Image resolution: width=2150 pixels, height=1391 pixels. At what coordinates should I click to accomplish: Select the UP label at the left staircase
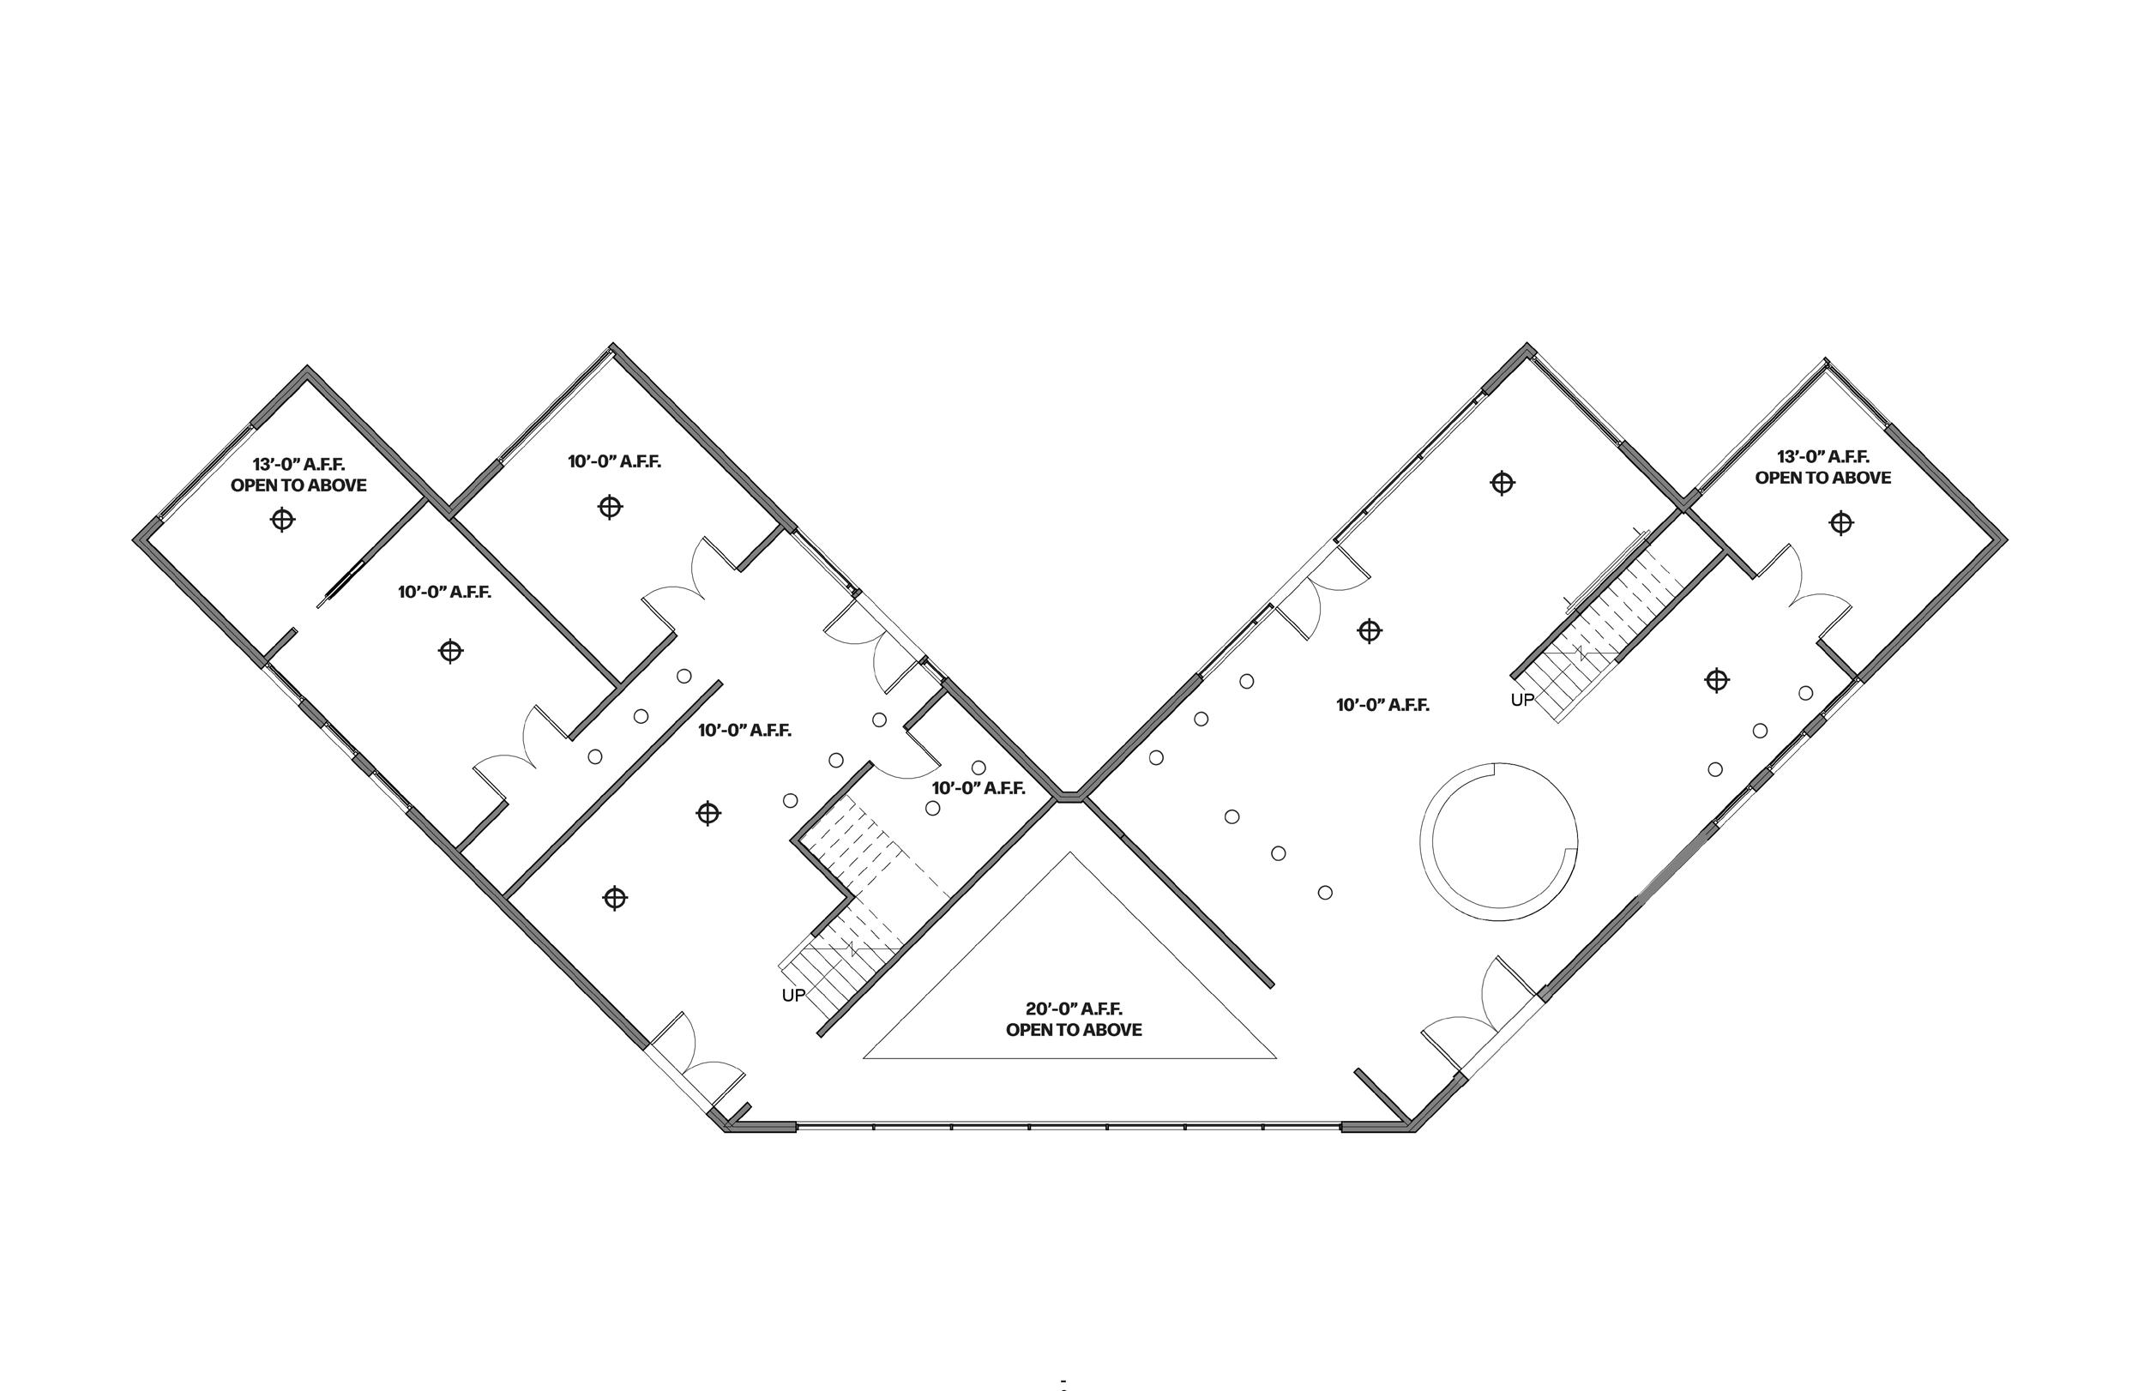(792, 996)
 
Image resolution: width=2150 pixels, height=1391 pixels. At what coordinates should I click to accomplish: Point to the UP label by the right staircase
(1521, 700)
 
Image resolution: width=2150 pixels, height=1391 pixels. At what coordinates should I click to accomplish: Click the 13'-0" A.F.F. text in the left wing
(298, 465)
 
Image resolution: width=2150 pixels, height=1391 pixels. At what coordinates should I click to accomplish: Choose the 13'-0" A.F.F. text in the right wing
(1822, 457)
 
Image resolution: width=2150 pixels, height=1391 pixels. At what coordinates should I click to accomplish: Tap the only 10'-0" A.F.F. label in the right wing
(1382, 706)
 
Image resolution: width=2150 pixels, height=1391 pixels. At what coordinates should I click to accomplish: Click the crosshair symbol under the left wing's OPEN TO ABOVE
(283, 520)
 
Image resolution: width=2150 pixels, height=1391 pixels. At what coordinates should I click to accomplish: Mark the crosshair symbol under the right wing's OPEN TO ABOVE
(1840, 523)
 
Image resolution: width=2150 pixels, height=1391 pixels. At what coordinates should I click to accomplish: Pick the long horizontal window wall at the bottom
(1069, 1126)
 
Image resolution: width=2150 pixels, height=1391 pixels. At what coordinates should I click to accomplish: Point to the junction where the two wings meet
(1070, 797)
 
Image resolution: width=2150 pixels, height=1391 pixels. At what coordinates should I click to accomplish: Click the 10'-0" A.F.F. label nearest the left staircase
(978, 788)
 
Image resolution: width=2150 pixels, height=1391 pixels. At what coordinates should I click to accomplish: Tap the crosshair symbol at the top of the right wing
(1502, 483)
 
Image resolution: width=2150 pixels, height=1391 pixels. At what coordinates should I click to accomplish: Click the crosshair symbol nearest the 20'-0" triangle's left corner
(615, 898)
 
